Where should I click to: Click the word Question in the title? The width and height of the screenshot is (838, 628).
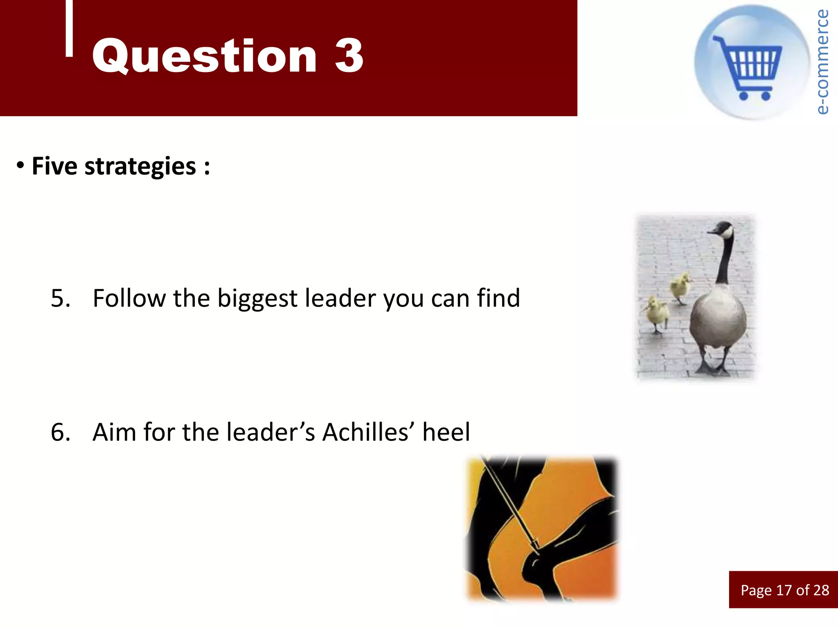[204, 56]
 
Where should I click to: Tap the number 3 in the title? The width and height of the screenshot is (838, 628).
[349, 56]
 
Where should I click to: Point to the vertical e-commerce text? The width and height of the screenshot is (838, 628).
[822, 61]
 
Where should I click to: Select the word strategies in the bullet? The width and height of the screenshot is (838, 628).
[140, 166]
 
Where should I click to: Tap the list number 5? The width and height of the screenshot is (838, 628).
[60, 298]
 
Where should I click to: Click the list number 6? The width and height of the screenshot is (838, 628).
[60, 432]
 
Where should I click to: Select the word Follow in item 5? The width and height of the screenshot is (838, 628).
[129, 298]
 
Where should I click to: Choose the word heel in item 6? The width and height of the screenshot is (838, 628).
[446, 432]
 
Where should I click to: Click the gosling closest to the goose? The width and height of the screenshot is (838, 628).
[680, 287]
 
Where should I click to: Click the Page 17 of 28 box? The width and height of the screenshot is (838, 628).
[784, 590]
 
